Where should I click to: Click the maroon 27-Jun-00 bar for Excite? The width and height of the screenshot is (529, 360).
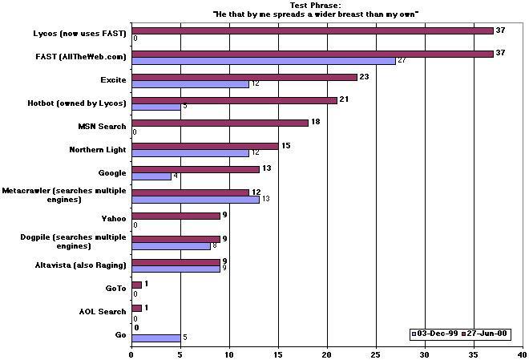point(244,77)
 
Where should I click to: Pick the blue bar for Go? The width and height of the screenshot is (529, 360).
point(155,338)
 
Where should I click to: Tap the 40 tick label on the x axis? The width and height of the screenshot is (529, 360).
point(522,353)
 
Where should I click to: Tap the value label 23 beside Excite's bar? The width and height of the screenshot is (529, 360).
point(364,77)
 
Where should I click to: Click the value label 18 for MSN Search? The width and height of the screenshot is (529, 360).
point(315,123)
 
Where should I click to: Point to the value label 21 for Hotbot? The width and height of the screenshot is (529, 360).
point(345,99)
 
